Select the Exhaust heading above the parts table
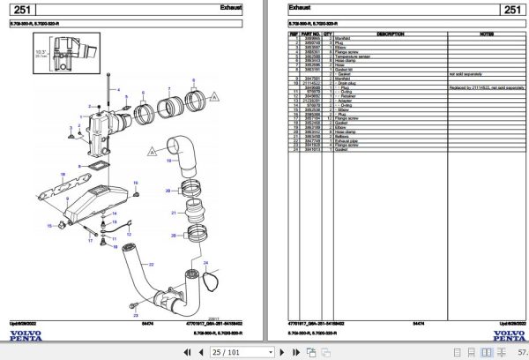[x=300, y=9]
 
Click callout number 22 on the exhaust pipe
[x=151, y=264]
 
